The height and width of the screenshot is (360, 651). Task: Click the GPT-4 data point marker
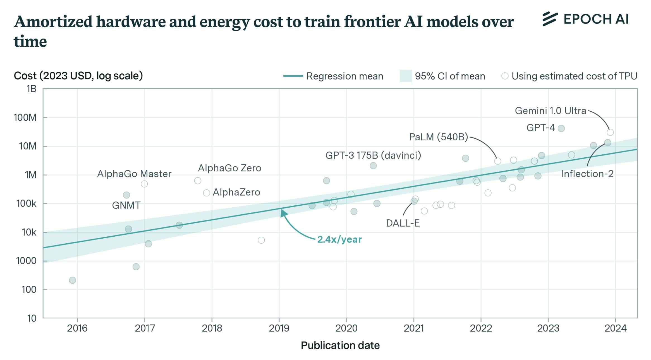coord(561,128)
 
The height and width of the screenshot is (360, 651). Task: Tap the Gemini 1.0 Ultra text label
coord(550,111)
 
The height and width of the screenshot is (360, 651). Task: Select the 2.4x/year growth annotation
coord(339,239)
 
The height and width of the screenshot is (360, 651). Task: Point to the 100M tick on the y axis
coord(25,118)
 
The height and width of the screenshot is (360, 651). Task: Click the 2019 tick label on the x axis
coord(279,328)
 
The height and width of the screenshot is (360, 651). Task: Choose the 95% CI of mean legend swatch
coord(406,76)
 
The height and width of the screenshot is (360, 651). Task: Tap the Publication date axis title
coord(340,345)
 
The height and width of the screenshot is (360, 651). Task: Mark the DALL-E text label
coord(403,223)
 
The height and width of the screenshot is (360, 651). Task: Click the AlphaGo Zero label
coord(229,168)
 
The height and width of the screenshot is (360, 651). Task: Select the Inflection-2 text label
coord(587,174)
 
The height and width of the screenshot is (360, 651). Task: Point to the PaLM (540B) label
coord(438,137)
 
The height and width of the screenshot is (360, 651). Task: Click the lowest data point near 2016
coord(72,280)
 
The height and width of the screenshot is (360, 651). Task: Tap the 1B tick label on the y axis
coord(31,89)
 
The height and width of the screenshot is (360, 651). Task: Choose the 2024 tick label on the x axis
coord(616,328)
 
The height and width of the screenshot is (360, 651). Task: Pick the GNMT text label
coord(126,205)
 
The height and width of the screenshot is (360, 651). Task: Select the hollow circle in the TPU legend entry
coord(505,76)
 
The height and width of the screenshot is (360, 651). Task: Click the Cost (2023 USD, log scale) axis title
coord(78,76)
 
